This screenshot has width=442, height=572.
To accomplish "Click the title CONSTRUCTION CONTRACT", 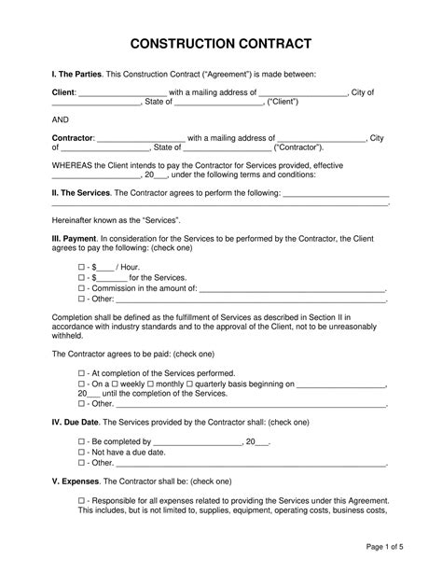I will (220, 44).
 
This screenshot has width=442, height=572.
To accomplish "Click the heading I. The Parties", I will (75, 73).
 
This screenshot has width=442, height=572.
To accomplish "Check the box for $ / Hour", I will (81, 266).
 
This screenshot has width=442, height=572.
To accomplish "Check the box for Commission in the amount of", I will (81, 288).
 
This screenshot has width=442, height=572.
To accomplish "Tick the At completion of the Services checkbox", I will (81, 371).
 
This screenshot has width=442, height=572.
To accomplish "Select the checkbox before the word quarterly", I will (214, 383).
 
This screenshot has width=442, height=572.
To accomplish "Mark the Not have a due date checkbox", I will (81, 452).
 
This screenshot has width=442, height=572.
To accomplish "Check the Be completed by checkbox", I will (81, 440).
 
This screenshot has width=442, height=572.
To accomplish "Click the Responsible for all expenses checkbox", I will (81, 500).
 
